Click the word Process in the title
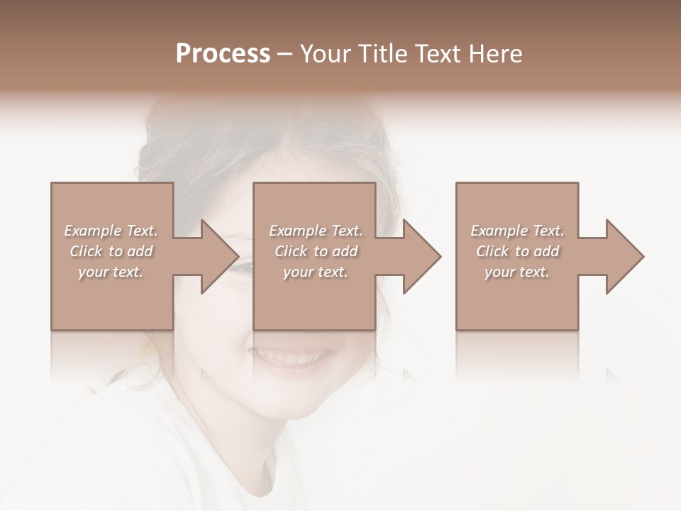(x=223, y=54)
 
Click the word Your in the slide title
(x=327, y=54)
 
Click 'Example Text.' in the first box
(x=111, y=231)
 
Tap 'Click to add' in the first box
(x=111, y=251)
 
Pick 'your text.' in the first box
(x=111, y=272)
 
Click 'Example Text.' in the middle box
(x=316, y=231)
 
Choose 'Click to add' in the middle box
(x=316, y=251)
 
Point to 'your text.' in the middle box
(x=316, y=272)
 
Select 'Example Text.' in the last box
(x=517, y=231)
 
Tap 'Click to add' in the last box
(x=517, y=251)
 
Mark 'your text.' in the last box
(x=517, y=272)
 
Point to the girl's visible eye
(x=243, y=268)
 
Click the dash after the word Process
(x=284, y=55)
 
